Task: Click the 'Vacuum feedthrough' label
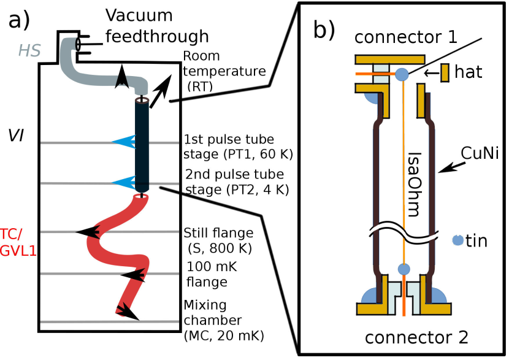[156, 26]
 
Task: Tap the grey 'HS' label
[29, 51]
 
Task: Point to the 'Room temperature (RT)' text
[224, 71]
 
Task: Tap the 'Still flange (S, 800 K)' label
[217, 240]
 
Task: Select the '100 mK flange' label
[208, 275]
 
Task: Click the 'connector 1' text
[406, 37]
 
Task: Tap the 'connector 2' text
[416, 336]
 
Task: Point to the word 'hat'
[469, 72]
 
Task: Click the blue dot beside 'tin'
[457, 240]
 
